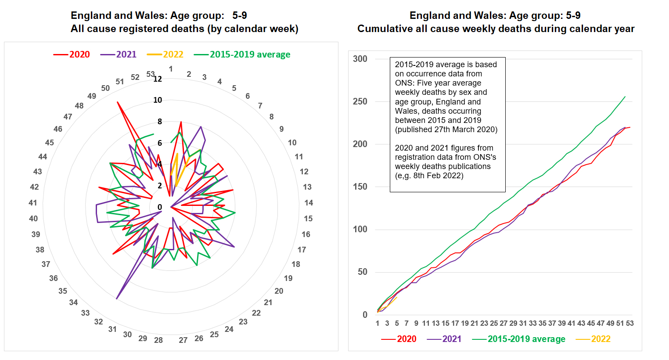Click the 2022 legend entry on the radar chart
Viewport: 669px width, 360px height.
(x=173, y=54)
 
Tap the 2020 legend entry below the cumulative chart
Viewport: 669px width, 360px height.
(x=406, y=339)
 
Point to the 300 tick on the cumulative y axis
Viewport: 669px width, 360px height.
(x=360, y=59)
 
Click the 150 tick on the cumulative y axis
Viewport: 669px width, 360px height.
(x=360, y=187)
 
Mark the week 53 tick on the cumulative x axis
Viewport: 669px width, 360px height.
(x=629, y=323)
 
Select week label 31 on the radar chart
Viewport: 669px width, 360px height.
(x=112, y=329)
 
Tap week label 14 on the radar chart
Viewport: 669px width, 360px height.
(x=309, y=203)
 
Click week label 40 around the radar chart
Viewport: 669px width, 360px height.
(x=33, y=219)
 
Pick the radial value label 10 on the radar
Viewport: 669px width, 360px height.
(x=158, y=100)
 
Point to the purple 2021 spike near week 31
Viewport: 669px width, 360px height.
(x=116, y=299)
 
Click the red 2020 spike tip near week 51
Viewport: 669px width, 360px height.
(x=117, y=102)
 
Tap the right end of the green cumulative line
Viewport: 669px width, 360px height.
(x=625, y=97)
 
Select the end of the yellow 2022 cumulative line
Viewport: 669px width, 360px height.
(x=397, y=297)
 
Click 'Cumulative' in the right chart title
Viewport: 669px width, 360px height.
(x=382, y=29)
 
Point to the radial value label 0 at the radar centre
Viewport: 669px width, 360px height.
(x=160, y=207)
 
